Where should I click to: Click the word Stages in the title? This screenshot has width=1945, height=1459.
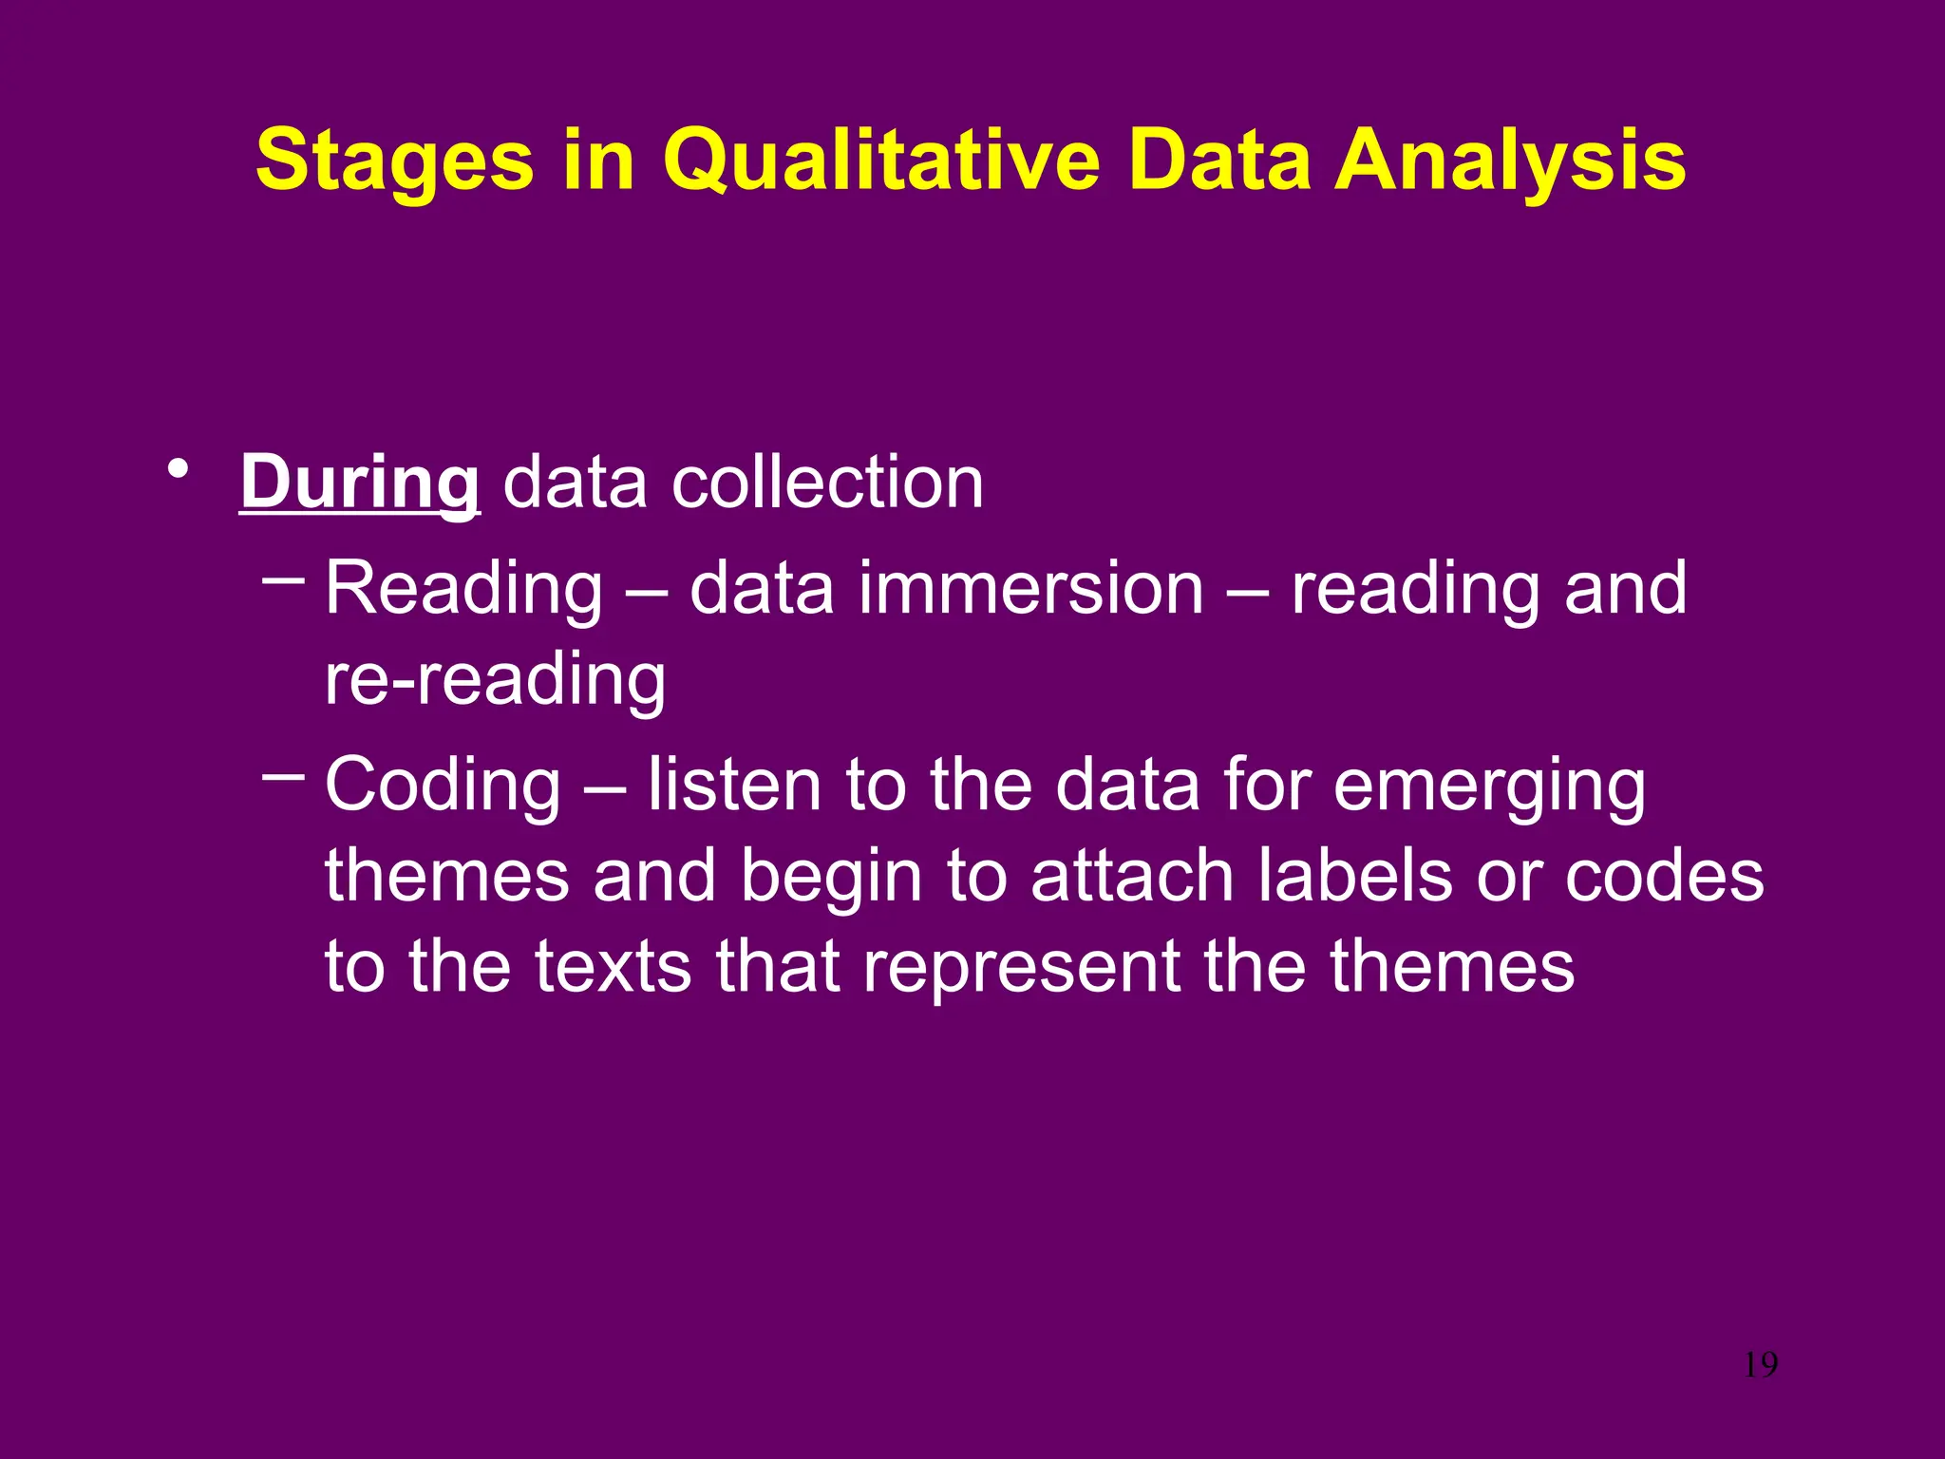pos(394,161)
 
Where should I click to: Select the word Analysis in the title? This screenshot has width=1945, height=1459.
pos(1510,161)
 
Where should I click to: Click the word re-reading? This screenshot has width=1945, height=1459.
pos(495,680)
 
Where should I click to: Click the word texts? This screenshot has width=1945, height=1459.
pos(613,967)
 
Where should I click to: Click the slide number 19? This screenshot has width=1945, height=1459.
pos(1761,1365)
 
